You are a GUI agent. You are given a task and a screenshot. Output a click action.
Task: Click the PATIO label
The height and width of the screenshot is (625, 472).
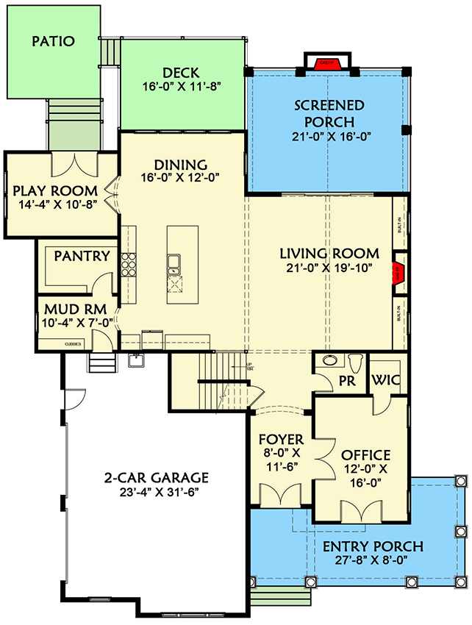coord(53,41)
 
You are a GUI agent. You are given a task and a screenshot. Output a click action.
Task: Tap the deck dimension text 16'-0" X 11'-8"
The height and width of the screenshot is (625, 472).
coord(182,86)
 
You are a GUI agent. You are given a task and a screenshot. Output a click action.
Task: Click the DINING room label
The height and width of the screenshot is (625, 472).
coord(181,164)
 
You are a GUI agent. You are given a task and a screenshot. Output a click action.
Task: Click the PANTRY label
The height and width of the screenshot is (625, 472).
coord(82,257)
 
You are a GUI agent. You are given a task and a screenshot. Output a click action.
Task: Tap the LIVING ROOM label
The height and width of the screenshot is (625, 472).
coord(329,254)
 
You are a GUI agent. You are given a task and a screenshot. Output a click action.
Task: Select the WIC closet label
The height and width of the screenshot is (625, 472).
coord(385,382)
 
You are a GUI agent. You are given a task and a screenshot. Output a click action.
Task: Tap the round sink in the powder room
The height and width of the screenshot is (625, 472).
coord(329,362)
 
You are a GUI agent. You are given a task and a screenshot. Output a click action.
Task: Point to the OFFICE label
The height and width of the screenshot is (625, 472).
coord(366,455)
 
